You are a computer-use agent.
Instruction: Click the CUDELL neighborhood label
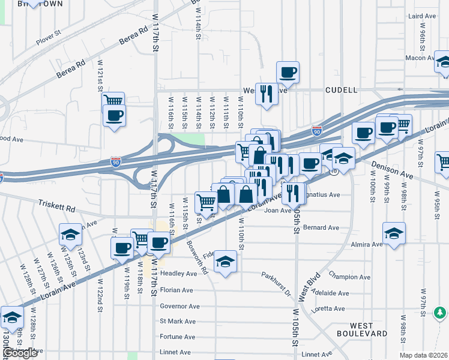[x=341, y=90]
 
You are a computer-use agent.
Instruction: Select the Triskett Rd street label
[x=58, y=207]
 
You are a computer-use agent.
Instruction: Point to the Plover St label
[x=49, y=38]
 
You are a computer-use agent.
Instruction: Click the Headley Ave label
[x=178, y=274]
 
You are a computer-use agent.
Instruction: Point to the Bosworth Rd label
[x=196, y=262]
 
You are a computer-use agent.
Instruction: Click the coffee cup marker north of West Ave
[x=288, y=72]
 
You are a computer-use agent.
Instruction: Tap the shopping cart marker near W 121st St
[x=113, y=101]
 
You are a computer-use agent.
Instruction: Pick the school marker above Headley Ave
[x=225, y=261]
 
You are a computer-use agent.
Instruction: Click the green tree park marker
[x=441, y=313]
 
